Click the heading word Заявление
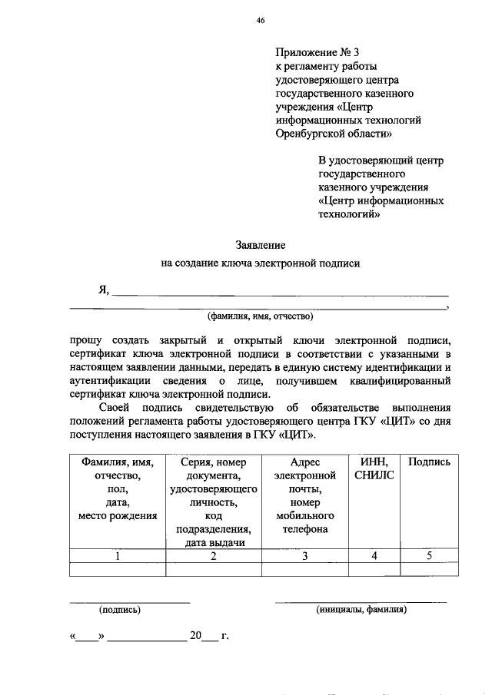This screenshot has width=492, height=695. coord(260,245)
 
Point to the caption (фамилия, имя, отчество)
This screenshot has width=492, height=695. coord(260,316)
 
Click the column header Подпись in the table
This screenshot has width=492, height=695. coord(429,462)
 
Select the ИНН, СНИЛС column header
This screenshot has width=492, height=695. coord(374,469)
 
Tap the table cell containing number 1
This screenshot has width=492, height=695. coord(118,557)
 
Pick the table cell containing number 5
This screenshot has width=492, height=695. coord(429,557)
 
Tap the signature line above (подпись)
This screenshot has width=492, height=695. coord(129,601)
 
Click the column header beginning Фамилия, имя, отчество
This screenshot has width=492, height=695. coord(118,488)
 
